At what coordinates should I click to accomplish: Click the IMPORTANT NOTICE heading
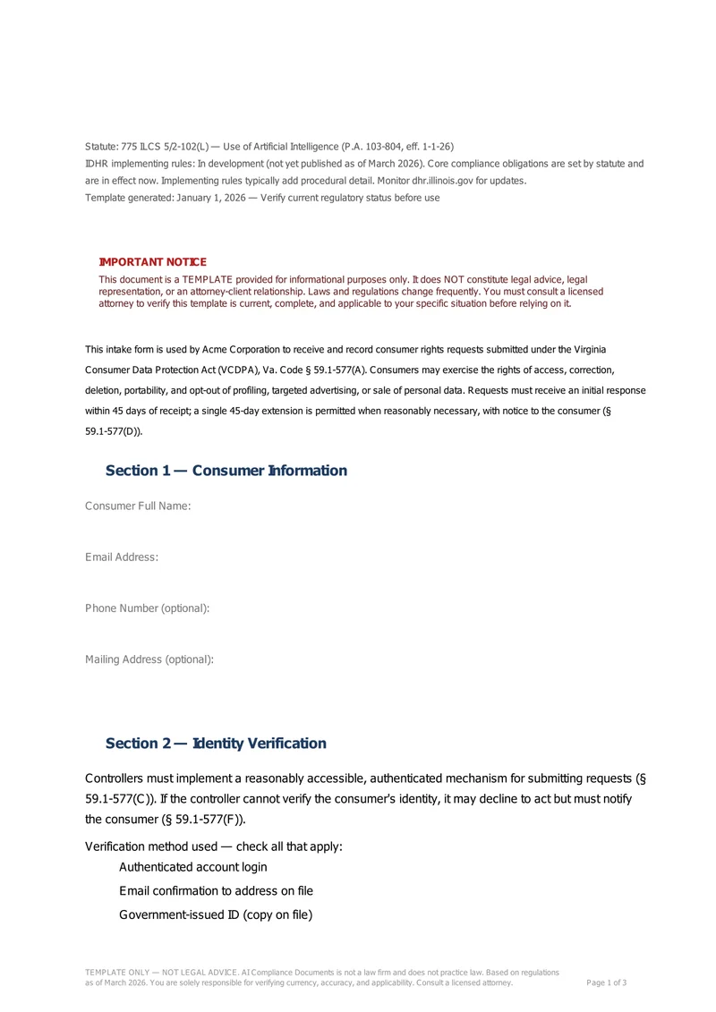point(152,262)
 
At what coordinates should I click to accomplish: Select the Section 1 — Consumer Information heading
point(226,471)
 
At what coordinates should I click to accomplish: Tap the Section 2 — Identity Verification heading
point(216,744)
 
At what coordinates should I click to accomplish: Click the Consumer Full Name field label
point(138,506)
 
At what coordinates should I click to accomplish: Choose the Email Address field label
point(122,557)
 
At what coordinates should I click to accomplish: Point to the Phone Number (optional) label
point(148,608)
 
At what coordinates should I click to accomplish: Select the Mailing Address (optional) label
point(149,659)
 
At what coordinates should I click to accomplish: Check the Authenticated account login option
point(192,867)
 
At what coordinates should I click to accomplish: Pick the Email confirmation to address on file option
point(216,891)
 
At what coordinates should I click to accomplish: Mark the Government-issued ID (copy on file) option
point(216,914)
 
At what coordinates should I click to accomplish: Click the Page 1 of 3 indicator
point(606,982)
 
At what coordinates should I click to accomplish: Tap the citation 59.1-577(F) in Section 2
point(208,819)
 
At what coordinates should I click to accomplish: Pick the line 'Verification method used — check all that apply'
point(214,846)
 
